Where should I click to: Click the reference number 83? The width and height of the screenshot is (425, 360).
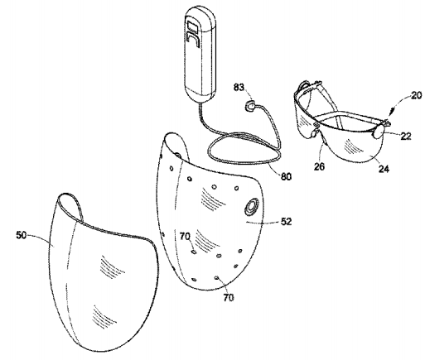[x=239, y=87]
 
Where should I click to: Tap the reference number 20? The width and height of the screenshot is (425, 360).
[x=417, y=95]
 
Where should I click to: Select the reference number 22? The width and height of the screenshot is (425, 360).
[x=406, y=136]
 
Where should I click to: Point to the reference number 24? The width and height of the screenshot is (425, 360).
[x=384, y=169]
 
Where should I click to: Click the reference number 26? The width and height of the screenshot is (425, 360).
[x=319, y=166]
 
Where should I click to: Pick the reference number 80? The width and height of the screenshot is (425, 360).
[x=286, y=176]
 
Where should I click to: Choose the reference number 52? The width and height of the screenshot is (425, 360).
[x=286, y=221]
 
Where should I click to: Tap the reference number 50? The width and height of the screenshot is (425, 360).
[x=22, y=235]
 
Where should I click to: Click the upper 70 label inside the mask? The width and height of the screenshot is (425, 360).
[x=185, y=236]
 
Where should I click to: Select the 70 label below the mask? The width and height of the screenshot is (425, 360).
[x=229, y=297]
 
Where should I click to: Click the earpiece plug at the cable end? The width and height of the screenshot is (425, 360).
[x=250, y=106]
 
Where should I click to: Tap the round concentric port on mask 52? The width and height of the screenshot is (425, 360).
[x=251, y=206]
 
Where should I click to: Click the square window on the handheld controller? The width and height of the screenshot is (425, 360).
[x=191, y=26]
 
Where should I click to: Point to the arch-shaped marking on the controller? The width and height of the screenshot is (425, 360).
[x=192, y=40]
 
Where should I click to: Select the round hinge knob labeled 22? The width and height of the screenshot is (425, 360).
[x=378, y=131]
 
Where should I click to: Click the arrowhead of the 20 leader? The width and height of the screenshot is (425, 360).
[x=390, y=114]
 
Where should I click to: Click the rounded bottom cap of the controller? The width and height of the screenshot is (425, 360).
[x=200, y=97]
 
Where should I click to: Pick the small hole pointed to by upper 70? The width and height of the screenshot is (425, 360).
[x=194, y=252]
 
